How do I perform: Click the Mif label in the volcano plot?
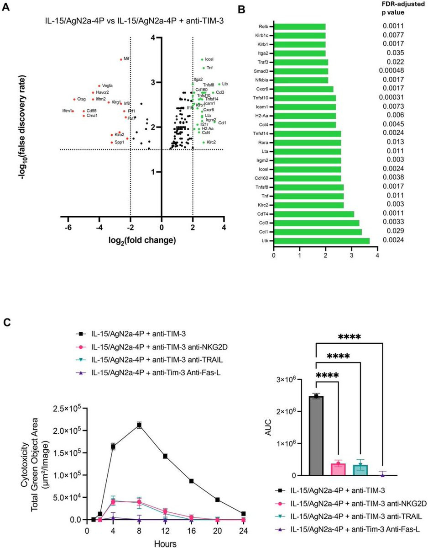(127, 59)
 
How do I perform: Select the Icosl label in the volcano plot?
(209, 59)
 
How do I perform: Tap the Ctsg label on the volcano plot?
(81, 99)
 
